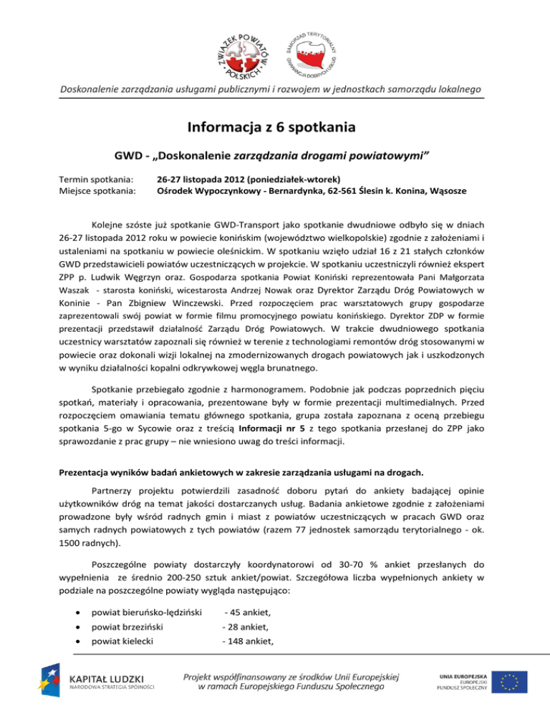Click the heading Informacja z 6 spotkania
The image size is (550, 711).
[274, 129]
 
